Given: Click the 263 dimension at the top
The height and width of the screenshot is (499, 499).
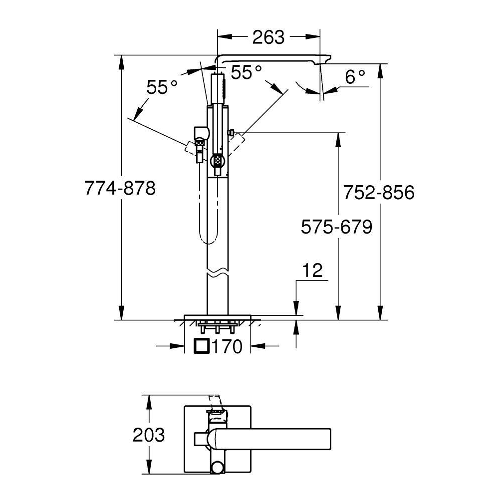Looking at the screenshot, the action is click(x=268, y=37).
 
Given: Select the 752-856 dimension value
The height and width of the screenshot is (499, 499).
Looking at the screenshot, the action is click(x=379, y=192).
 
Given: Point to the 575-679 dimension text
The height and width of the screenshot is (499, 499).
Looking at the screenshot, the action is click(x=336, y=227).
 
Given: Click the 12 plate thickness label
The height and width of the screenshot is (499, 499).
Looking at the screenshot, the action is click(x=312, y=270).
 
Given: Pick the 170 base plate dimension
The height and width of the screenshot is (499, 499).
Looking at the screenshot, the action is click(x=227, y=346).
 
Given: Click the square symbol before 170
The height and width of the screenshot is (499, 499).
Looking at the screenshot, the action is click(x=202, y=346).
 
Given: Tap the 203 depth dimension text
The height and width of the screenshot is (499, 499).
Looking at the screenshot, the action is click(x=149, y=435).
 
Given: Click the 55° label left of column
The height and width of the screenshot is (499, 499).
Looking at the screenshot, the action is click(x=162, y=87).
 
